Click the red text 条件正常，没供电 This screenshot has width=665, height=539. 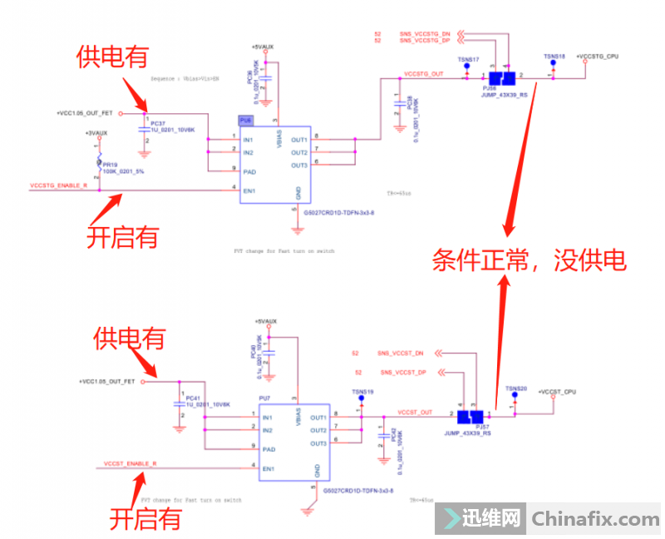pyautogui.click(x=528, y=260)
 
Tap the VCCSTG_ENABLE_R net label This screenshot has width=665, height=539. pyautogui.click(x=59, y=186)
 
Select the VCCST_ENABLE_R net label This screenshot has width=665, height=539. pyautogui.click(x=131, y=462)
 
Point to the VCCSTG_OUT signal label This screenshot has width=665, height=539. pyautogui.click(x=423, y=74)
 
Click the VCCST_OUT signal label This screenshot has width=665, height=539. pyautogui.click(x=416, y=412)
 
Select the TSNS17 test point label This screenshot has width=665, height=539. pyautogui.click(x=468, y=59)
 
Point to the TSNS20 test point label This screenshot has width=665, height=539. pyautogui.click(x=515, y=388)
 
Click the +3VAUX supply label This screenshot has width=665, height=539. pyautogui.click(x=96, y=133)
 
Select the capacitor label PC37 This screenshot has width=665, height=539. pyautogui.click(x=158, y=123)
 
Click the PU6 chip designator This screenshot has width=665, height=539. pyautogui.click(x=245, y=119)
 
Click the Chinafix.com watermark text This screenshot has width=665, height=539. pyautogui.click(x=595, y=519)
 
